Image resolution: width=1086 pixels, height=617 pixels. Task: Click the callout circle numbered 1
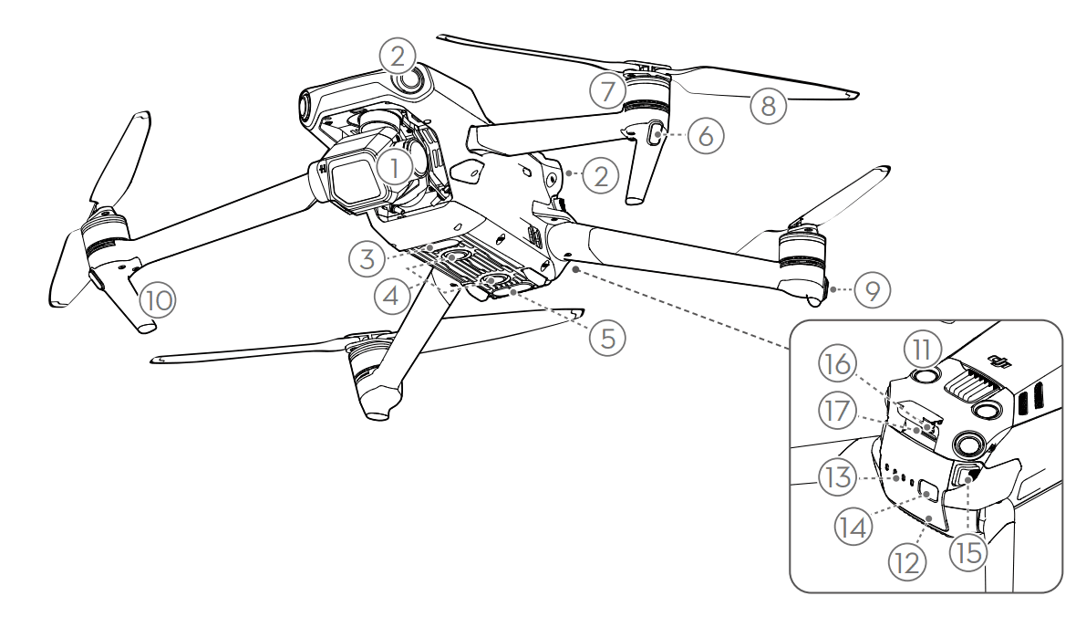394,169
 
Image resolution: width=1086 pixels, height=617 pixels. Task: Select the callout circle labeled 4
391,296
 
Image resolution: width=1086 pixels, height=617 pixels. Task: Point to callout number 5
607,339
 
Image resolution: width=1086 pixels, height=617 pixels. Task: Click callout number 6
706,136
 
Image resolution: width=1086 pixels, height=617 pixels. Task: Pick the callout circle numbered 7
607,91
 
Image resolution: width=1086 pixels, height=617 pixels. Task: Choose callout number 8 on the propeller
768,106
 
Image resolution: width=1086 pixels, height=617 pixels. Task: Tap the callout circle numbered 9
872,289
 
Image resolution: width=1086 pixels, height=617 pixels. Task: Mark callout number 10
157,300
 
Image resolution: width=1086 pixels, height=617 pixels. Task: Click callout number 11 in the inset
922,350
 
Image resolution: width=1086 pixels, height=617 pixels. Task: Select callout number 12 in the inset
906,562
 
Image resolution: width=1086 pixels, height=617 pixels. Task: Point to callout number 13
837,477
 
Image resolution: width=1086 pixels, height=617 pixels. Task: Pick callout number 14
853,528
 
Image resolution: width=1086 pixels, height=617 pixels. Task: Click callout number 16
837,363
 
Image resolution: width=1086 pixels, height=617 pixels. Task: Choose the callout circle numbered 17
837,411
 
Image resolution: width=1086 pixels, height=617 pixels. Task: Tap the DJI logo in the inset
998,361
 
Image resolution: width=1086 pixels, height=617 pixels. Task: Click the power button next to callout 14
929,492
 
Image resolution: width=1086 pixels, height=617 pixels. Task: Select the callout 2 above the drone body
398,56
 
